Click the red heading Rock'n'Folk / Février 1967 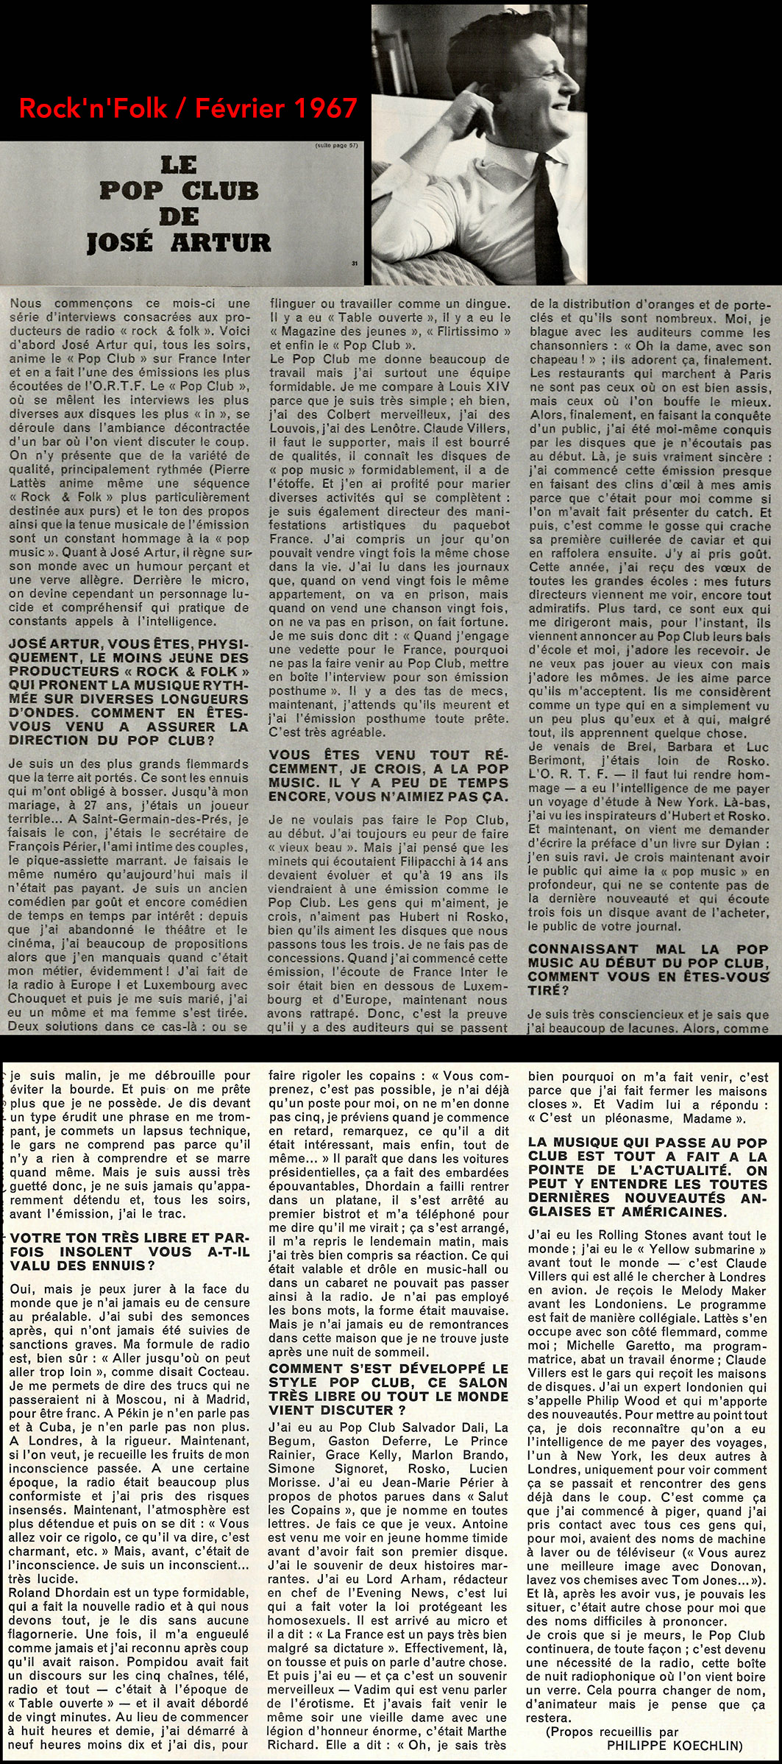pos(188,108)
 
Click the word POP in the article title pos(130,191)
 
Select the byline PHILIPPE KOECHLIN pos(675,1744)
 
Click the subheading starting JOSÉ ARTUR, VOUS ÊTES pos(129,691)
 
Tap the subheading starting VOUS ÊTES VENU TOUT pos(388,775)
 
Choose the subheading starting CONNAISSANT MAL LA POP pos(648,969)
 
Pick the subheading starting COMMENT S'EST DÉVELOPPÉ pos(388,1389)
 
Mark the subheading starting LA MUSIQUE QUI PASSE pos(647,1176)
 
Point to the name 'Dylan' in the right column pos(742,844)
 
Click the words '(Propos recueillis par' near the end pos(612,1731)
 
